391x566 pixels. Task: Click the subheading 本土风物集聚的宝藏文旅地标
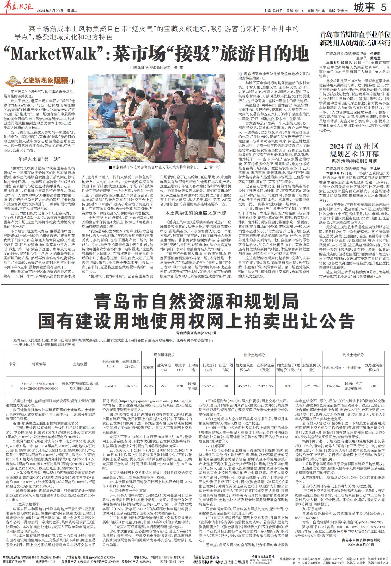pyautogui.click(x=196, y=213)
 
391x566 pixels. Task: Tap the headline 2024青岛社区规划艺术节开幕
pyautogui.click(x=354, y=150)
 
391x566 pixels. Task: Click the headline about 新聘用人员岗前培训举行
pyautogui.click(x=355, y=39)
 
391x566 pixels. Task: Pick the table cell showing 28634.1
pyautogui.click(x=110, y=386)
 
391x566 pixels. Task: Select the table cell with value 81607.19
pyautogui.click(x=131, y=386)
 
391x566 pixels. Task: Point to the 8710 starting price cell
pyautogui.click(x=289, y=386)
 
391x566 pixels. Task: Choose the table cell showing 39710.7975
pyautogui.click(x=312, y=386)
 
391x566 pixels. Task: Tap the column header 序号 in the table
pyautogui.click(x=12, y=364)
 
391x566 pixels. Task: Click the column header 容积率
pyautogui.click(x=148, y=367)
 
